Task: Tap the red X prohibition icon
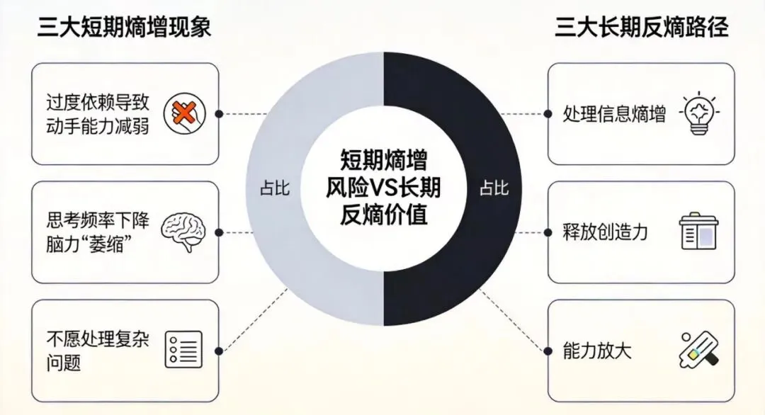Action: pos(183,113)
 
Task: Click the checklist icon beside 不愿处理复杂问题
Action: pos(183,349)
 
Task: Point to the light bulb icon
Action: pos(699,113)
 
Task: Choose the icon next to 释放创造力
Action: pos(699,232)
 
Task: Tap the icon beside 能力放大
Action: pos(699,349)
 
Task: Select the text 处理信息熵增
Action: pos(614,114)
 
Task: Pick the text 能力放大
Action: pos(596,350)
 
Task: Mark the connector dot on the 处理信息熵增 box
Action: pos(548,113)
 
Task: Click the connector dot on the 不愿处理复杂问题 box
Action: pos(219,350)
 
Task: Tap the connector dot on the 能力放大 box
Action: pos(548,350)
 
